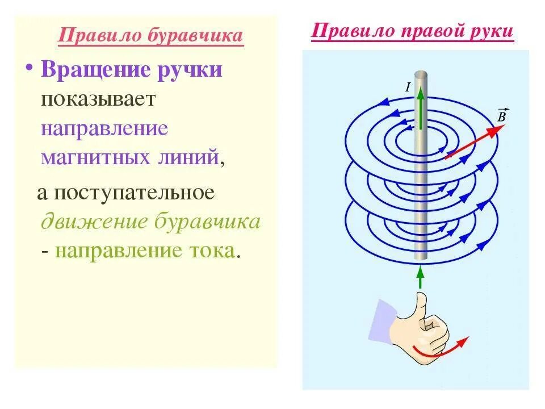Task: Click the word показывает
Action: [x=98, y=99]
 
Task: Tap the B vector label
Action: [x=502, y=116]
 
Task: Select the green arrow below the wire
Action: [x=420, y=277]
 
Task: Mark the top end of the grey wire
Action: [x=420, y=74]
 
